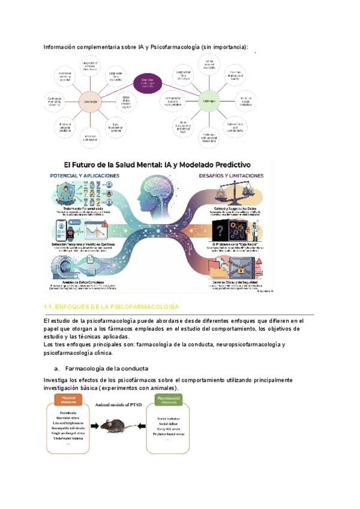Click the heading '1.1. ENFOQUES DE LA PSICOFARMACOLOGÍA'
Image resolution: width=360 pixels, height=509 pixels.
click(x=112, y=307)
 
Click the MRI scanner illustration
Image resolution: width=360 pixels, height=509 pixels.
click(x=64, y=268)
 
